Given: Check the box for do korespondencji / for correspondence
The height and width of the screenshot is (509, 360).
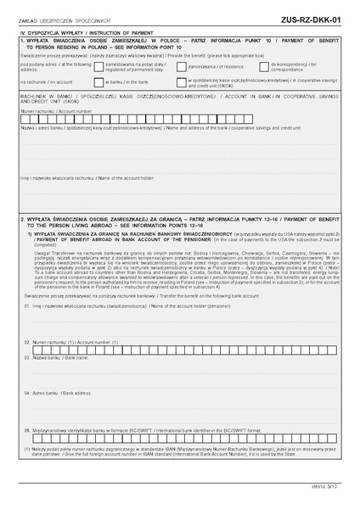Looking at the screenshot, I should click(267, 64).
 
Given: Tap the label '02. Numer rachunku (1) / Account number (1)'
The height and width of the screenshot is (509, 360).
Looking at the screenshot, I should click(72, 342).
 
